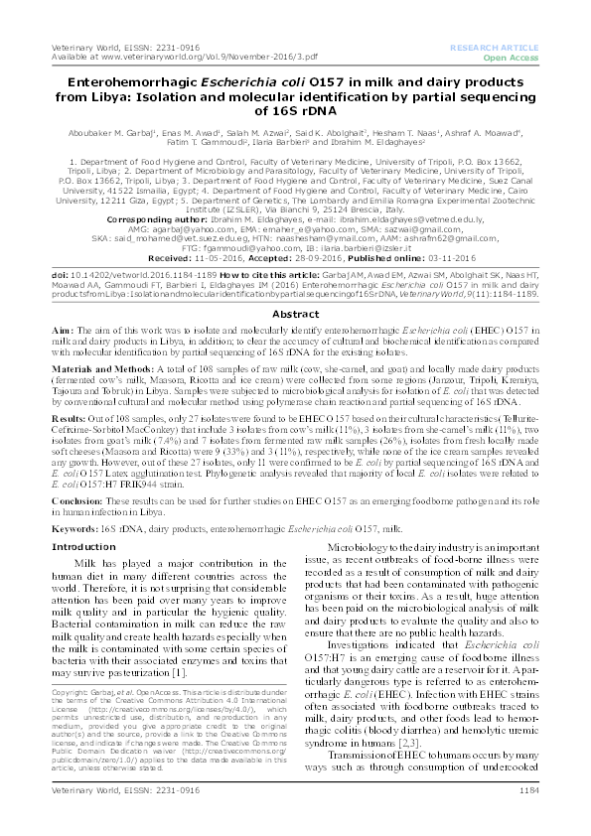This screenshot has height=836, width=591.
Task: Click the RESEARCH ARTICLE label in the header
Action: tap(495, 48)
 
